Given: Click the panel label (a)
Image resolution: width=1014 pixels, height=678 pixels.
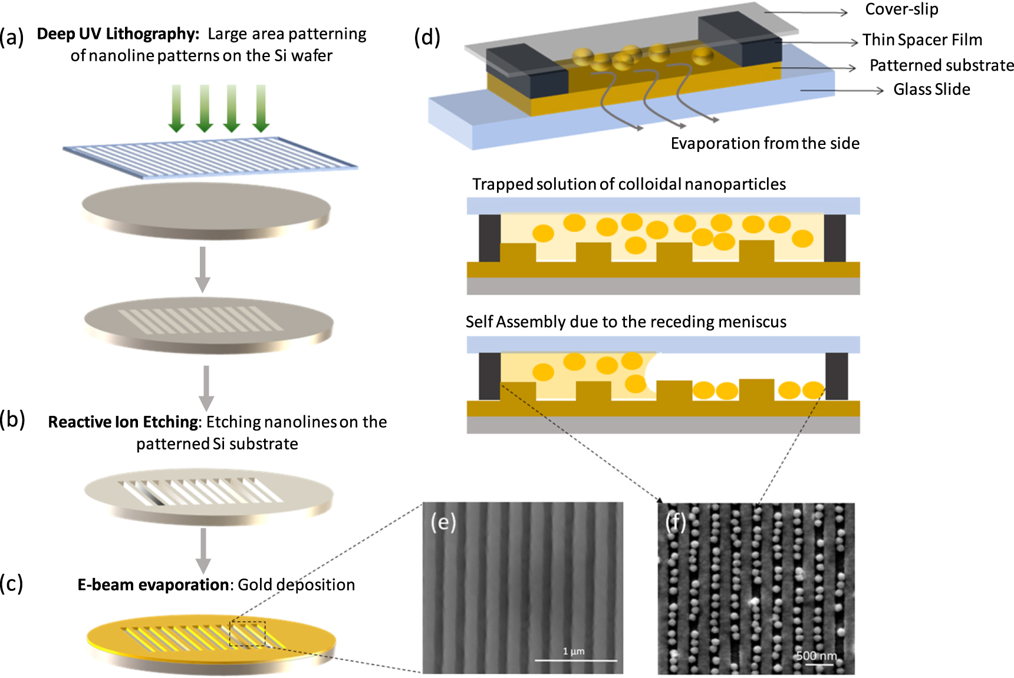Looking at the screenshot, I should pyautogui.click(x=12, y=38).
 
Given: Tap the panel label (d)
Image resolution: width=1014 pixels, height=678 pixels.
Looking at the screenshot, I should pyautogui.click(x=427, y=38).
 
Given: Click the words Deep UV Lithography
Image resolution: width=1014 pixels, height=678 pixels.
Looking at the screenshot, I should pyautogui.click(x=117, y=34).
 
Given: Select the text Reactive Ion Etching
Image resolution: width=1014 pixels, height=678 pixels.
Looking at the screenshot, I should pyautogui.click(x=123, y=422).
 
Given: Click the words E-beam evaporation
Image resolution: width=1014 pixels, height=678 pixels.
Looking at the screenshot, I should pyautogui.click(x=153, y=584).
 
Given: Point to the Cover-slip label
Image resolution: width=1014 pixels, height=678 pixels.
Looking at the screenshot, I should pyautogui.click(x=901, y=9).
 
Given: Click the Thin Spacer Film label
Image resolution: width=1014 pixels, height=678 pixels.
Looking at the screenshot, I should pyautogui.click(x=922, y=39).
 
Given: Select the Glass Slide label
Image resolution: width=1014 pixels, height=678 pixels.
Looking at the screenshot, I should pyautogui.click(x=931, y=90).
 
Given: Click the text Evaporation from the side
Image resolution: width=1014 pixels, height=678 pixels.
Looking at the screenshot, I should pyautogui.click(x=765, y=143).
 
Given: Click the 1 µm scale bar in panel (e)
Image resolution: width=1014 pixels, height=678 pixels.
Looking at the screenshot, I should pyautogui.click(x=575, y=660).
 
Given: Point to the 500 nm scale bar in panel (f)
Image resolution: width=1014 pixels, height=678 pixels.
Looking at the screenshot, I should pyautogui.click(x=819, y=664).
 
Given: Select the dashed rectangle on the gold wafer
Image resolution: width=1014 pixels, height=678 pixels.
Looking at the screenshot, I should pyautogui.click(x=247, y=633).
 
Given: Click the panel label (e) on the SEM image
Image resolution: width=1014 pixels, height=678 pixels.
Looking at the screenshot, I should pyautogui.click(x=443, y=522).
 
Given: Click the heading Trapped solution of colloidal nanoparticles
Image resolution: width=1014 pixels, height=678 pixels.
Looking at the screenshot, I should pyautogui.click(x=628, y=184).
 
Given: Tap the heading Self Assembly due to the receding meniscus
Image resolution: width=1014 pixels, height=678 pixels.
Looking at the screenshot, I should pyautogui.click(x=625, y=322).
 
